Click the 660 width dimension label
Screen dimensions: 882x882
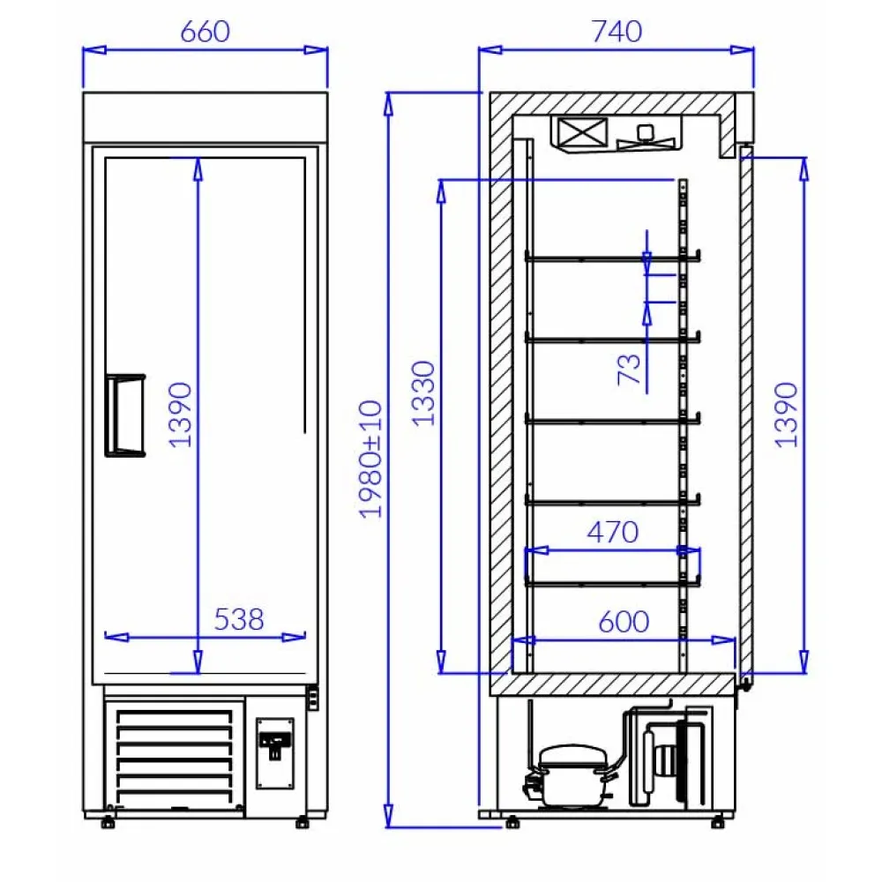[x=206, y=32]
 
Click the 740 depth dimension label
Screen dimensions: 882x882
[x=617, y=32]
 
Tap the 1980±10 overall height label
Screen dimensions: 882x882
[x=370, y=459]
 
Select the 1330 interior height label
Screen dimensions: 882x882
[x=423, y=393]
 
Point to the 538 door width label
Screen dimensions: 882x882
[x=238, y=619]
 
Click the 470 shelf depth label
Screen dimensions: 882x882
[x=613, y=532]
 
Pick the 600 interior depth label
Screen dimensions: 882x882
[x=624, y=622]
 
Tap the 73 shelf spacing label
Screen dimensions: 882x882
[x=630, y=369]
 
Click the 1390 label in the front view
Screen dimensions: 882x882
[x=181, y=415]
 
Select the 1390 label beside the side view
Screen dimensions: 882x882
[x=787, y=415]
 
